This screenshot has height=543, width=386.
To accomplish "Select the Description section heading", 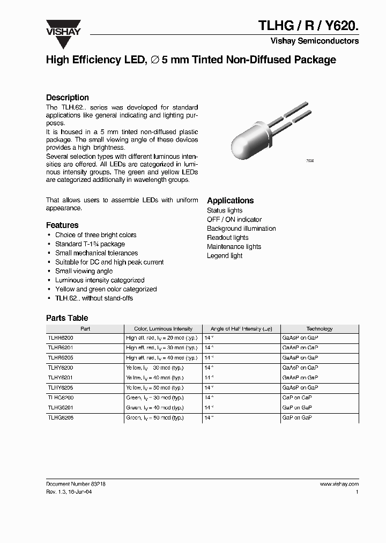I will pos(68,98).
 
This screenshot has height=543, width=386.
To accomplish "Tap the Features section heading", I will pos(62,225).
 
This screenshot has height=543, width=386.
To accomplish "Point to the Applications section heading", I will pos(230,201).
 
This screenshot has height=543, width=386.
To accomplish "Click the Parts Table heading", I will pos(67,318).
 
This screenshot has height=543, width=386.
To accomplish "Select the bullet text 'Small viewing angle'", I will pos(84,271).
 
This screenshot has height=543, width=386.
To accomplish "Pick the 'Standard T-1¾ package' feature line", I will pos(90,244).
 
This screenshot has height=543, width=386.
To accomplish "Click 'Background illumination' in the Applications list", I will pos(241,229).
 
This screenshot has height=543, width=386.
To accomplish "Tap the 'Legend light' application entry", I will pos(225,256).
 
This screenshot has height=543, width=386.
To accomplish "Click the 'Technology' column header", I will pos(319,328).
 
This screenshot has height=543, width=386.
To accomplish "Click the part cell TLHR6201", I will pos(61,348).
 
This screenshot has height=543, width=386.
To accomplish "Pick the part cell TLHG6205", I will pos(61,417).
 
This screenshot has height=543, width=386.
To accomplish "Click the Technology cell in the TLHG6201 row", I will pos(300,407).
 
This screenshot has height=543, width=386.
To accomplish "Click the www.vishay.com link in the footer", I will pos(339,483).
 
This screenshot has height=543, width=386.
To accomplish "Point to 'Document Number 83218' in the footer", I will pos(76,483).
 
